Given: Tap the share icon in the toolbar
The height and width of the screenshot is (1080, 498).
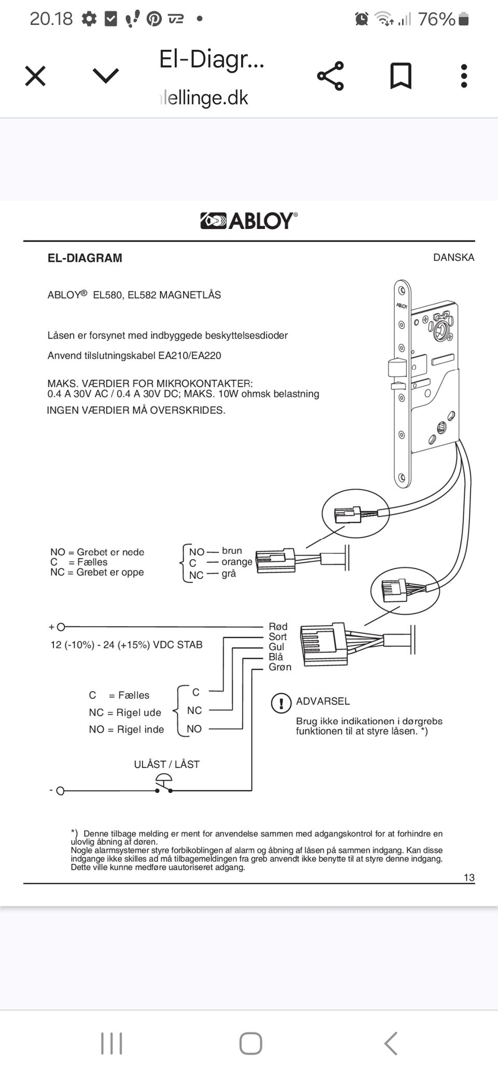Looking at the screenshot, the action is click(330, 76).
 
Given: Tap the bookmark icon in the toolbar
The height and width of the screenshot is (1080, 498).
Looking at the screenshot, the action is click(400, 76).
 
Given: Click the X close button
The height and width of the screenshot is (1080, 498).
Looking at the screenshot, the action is click(35, 76).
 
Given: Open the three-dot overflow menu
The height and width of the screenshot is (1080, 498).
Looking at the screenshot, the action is click(464, 76).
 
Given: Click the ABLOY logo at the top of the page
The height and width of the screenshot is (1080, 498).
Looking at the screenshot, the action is click(249, 221).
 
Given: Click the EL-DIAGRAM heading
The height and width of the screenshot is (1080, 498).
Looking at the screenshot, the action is click(85, 258).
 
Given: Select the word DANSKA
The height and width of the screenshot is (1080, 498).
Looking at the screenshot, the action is click(454, 258).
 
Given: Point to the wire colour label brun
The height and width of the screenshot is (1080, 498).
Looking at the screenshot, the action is click(232, 551).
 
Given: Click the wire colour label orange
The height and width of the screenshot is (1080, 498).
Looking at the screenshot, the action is click(237, 562).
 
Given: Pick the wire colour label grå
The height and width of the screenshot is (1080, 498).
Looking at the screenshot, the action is click(229, 574).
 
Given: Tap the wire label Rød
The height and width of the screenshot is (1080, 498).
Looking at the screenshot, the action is click(278, 627).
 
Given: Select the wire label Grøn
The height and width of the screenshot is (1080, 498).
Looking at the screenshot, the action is click(280, 667).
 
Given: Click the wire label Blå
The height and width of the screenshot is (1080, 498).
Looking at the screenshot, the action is click(276, 657).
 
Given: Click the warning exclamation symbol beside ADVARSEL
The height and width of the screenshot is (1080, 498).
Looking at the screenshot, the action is click(281, 704).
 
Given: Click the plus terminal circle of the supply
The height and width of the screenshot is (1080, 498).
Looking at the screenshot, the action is click(61, 627).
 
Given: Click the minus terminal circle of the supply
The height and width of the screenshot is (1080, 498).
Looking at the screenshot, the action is click(60, 791).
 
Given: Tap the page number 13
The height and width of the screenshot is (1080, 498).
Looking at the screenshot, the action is click(469, 878).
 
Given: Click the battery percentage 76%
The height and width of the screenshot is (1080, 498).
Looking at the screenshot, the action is click(437, 19).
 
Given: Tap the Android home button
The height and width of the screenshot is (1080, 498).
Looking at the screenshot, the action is click(251, 1043).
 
